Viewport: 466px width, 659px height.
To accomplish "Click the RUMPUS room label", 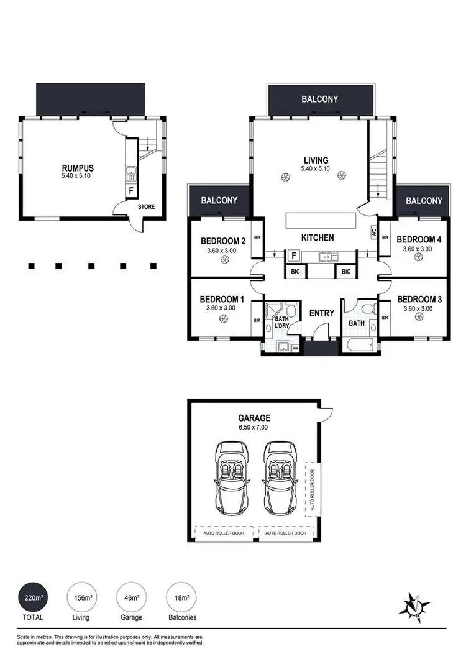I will [78, 167].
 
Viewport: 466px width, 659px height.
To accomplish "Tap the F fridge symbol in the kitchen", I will [292, 255].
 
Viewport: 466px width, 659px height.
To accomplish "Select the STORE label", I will [147, 207].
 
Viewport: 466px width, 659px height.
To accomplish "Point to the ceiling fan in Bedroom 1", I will [221, 320].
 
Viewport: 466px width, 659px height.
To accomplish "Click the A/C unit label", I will [374, 231].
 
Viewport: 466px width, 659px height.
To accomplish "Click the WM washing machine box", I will [296, 349].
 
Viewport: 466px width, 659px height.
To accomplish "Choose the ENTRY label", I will [322, 313].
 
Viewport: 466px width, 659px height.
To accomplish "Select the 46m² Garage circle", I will [132, 598].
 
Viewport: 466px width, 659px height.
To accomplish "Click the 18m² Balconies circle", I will [181, 598].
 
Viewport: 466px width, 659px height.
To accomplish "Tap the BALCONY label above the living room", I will [320, 99].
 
